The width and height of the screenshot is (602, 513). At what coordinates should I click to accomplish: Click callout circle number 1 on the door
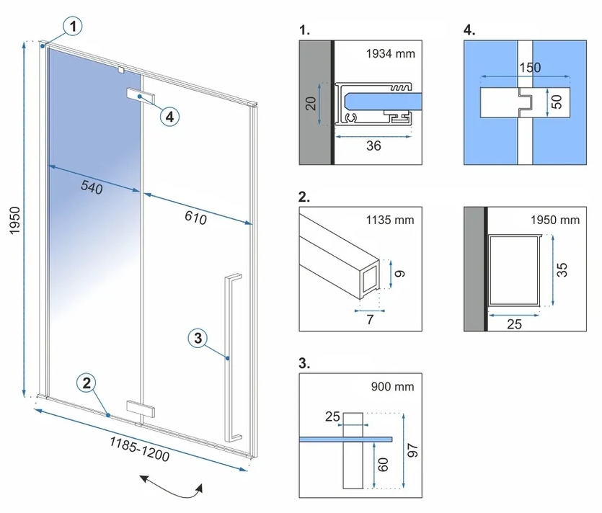coord(73,27)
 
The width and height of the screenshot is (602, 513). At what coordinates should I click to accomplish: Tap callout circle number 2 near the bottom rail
coord(87,383)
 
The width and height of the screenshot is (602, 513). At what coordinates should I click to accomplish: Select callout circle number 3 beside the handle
coord(198,339)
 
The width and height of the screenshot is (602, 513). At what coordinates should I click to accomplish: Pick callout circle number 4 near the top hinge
coord(169,116)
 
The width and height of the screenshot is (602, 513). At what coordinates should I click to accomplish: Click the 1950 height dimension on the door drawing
coord(14,220)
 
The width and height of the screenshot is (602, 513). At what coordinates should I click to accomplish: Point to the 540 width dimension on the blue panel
coord(92,187)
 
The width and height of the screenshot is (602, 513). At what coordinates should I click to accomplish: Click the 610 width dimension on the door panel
coord(196,218)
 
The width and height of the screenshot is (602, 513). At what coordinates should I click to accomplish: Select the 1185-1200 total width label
coord(140,449)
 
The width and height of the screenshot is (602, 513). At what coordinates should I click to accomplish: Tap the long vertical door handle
coord(232,357)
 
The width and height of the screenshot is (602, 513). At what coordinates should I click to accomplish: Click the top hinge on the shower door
coord(141,97)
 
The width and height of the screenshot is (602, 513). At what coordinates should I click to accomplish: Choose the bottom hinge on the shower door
coord(141,409)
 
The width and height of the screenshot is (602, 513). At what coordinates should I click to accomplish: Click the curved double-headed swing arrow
coord(172,486)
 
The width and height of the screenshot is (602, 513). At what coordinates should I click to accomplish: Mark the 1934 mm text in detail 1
coord(391,53)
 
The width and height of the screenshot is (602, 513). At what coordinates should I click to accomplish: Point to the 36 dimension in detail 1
coord(373,146)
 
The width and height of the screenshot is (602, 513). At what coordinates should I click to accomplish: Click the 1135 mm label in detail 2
coord(390,220)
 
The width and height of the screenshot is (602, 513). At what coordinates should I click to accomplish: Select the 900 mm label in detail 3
coord(392,386)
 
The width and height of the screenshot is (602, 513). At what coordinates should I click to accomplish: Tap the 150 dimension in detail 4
coord(530,68)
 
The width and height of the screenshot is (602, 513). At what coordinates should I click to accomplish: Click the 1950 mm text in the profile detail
coord(554,220)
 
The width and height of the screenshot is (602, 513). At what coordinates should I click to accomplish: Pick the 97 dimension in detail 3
coord(412,450)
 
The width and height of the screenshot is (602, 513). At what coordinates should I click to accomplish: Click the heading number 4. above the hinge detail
coord(469,30)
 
